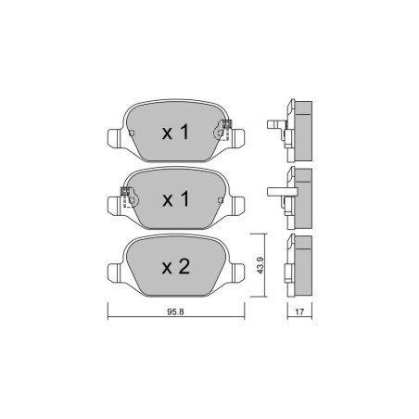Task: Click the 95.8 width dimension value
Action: (x=175, y=311)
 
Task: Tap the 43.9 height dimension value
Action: (x=260, y=265)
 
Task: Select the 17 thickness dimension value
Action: (x=299, y=311)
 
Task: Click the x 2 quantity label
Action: (x=176, y=267)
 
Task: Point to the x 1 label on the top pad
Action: (x=175, y=133)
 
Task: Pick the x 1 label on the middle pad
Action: (x=175, y=199)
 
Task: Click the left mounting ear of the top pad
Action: (x=113, y=139)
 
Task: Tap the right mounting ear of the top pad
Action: (x=238, y=139)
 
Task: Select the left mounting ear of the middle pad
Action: (x=113, y=206)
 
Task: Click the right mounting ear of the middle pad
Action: (x=238, y=206)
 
